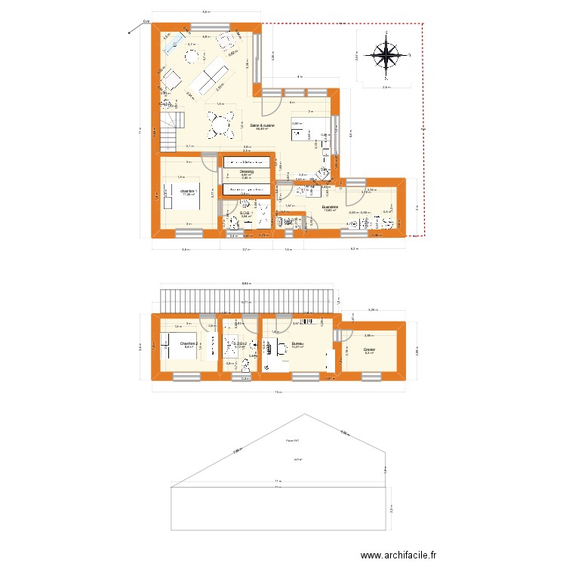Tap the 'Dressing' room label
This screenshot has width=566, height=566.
[x=246, y=171]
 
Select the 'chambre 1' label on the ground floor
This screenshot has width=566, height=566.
[x=188, y=192]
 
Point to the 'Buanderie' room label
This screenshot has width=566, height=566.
[x=329, y=206]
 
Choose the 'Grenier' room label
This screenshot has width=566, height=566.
[x=370, y=349]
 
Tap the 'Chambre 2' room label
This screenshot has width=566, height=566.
[x=189, y=344]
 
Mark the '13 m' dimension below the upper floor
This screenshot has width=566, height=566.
[x=278, y=392]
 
